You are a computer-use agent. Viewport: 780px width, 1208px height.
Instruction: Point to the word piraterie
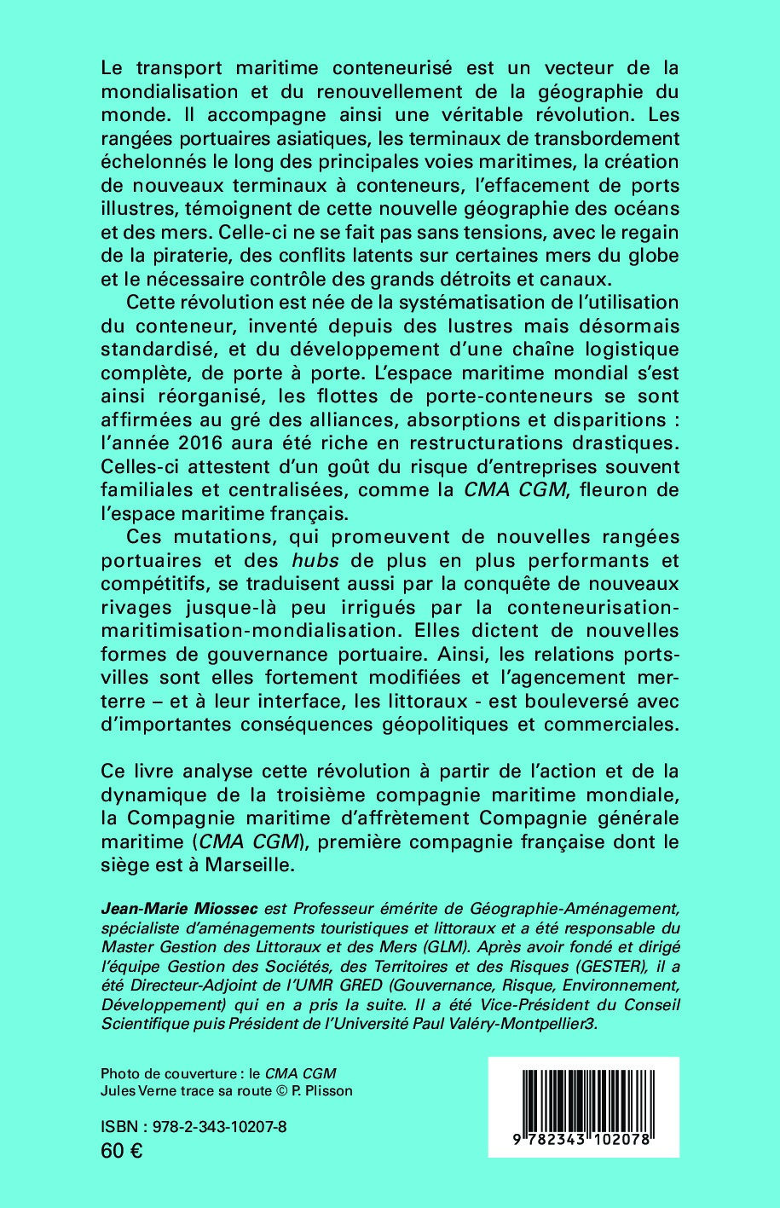click(178, 255)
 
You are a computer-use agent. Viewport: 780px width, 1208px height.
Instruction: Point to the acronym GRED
click(320, 985)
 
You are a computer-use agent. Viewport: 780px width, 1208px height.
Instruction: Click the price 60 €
click(121, 1150)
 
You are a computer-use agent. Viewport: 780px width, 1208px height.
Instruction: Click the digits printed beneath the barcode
click(584, 1140)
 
